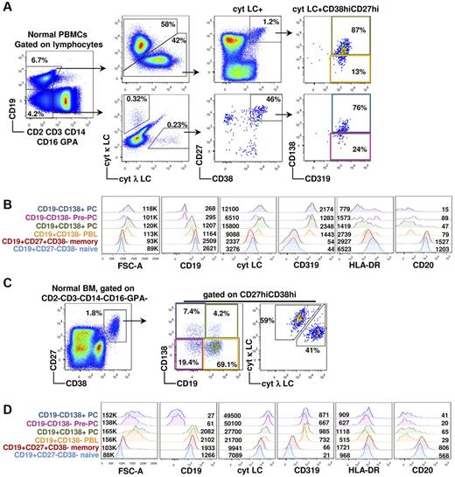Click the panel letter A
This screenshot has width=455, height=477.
coord(6,7)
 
